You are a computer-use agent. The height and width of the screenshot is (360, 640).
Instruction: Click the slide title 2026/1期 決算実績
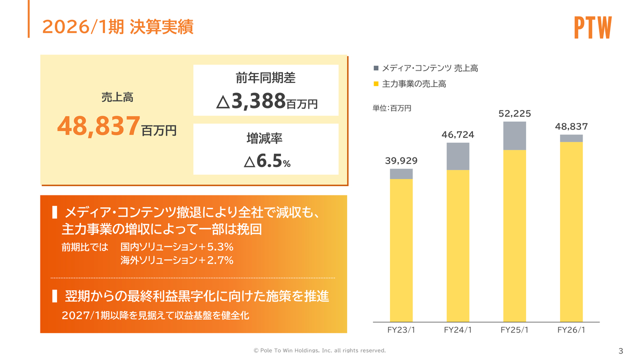[117, 27]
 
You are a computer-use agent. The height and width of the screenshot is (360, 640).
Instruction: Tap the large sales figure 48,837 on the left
[98, 126]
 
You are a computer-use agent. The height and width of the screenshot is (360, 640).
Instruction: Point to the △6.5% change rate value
[266, 161]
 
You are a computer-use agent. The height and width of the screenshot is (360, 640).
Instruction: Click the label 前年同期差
[266, 78]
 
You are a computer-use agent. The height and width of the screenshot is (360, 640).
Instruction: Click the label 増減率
[266, 138]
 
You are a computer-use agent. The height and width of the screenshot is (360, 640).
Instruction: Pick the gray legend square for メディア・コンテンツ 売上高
[376, 68]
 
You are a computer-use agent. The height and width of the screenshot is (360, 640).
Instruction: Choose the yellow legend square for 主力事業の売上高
[376, 84]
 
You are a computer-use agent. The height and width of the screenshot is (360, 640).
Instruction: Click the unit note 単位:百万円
[392, 108]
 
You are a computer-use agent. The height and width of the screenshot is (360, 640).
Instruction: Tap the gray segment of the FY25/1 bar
[514, 135]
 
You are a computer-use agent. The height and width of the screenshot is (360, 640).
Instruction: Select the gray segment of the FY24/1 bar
[457, 156]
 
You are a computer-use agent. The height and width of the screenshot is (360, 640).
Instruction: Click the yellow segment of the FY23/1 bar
[401, 250]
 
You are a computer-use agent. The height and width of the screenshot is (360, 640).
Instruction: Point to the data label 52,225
[514, 114]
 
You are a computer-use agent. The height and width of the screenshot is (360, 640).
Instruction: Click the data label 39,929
[401, 161]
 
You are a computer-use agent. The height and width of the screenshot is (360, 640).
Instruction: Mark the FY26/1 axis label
[571, 330]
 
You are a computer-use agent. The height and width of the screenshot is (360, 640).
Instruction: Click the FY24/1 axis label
[457, 330]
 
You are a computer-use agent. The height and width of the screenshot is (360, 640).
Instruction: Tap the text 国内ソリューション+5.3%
[177, 247]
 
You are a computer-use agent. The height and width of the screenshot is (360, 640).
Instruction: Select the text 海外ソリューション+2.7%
[177, 260]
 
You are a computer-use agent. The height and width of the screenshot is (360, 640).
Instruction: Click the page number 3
[620, 350]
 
